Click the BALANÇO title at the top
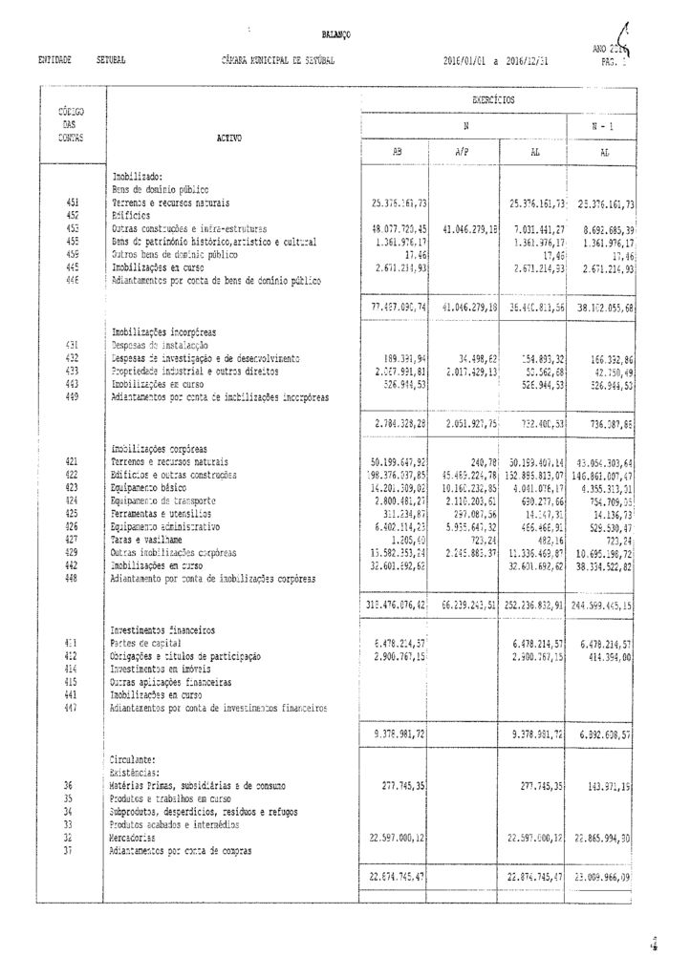335,34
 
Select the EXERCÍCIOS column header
493,98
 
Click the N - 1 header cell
606,126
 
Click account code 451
73,203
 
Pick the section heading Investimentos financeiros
162,630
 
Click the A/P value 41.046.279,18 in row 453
464,229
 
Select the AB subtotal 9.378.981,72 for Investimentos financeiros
395,733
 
